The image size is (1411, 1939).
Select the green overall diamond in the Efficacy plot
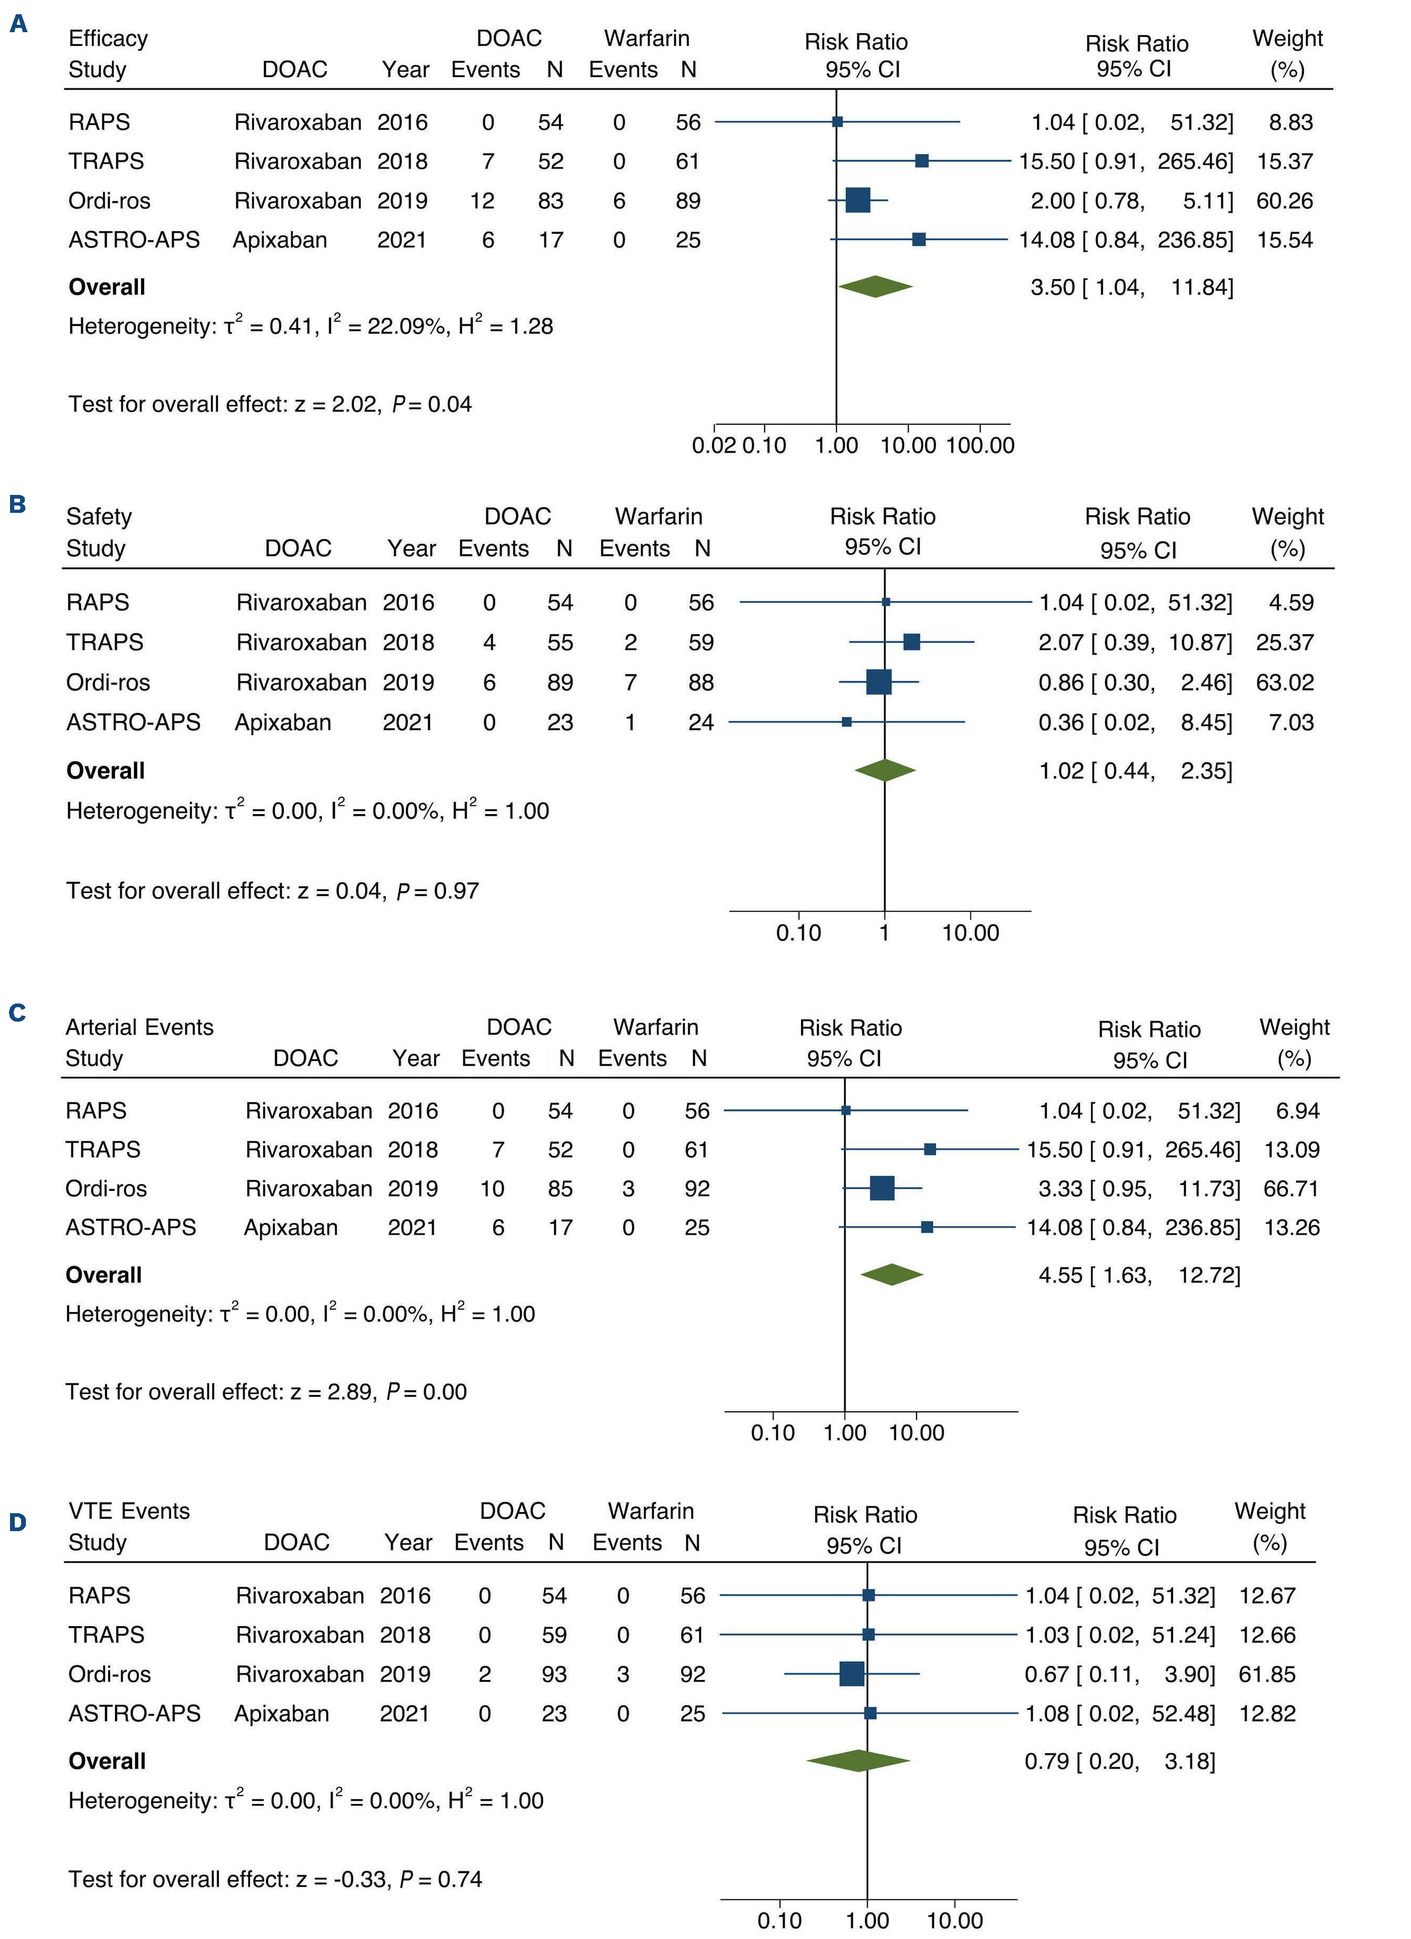(x=875, y=286)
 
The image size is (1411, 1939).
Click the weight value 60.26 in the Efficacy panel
(x=1284, y=201)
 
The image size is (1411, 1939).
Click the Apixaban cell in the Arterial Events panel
(x=291, y=1228)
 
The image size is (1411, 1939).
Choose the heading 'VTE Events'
(x=129, y=1511)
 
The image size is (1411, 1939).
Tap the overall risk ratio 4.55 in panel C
(x=1061, y=1276)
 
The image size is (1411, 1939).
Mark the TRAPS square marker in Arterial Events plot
(x=930, y=1149)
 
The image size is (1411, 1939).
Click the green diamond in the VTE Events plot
(x=857, y=1761)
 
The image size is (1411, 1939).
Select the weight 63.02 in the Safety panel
(x=1284, y=682)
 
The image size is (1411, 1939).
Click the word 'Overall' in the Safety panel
(x=105, y=771)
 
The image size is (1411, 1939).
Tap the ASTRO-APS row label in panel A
(x=134, y=240)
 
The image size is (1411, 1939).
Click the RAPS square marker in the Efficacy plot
(x=837, y=122)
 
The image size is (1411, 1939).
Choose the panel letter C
(x=17, y=1013)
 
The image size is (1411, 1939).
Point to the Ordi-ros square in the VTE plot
(x=852, y=1674)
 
